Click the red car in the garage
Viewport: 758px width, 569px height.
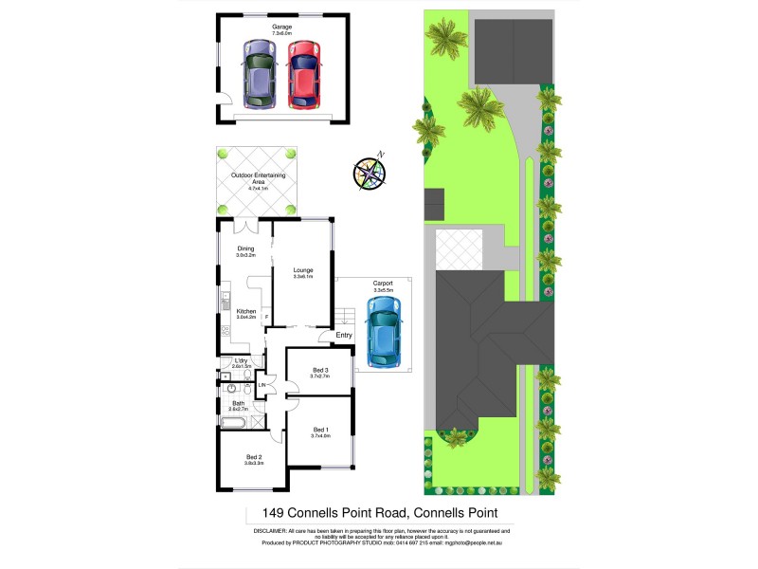click(302, 76)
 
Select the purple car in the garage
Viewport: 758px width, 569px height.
click(258, 76)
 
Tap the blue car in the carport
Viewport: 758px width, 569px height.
click(383, 332)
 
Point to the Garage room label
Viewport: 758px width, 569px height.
click(281, 27)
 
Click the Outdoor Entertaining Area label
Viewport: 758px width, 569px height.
click(258, 178)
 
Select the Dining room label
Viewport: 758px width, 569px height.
click(246, 251)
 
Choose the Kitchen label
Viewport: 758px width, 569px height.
click(246, 312)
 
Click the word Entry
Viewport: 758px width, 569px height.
click(343, 335)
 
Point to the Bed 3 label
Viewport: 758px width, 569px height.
click(319, 370)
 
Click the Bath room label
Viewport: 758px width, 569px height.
click(239, 405)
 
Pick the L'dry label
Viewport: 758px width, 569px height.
click(241, 361)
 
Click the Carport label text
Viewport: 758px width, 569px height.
click(383, 284)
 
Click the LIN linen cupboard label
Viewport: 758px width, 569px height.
click(261, 385)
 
